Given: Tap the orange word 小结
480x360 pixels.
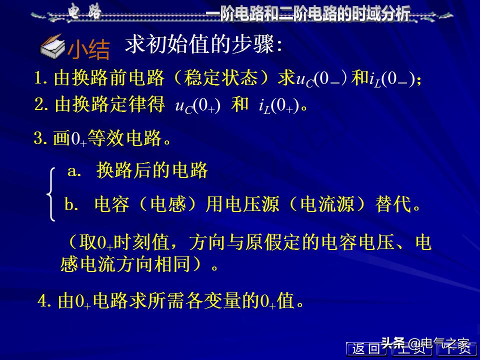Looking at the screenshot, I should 88,49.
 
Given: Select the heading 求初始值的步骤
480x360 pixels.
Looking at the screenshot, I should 204,44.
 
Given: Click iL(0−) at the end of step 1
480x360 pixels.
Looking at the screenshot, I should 393,79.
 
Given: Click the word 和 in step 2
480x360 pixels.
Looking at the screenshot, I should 240,104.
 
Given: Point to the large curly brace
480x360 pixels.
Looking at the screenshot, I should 51,194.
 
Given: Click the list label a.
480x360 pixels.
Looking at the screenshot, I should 74,171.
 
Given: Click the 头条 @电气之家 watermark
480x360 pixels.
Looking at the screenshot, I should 425,343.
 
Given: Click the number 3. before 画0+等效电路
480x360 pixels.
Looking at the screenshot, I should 40,138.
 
